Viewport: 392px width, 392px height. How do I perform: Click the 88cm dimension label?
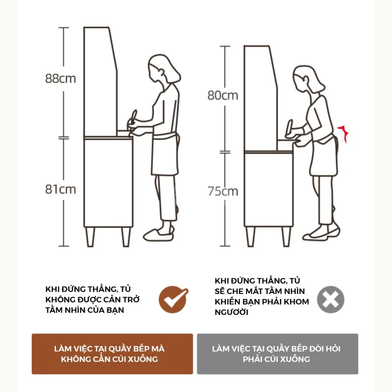61,78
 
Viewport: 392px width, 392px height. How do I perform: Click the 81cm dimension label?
61,189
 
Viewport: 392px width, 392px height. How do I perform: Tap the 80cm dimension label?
222,96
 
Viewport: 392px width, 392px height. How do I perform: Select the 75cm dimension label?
222,191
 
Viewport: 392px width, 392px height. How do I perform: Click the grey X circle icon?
330,299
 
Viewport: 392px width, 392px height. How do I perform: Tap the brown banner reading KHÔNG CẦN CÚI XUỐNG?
112,354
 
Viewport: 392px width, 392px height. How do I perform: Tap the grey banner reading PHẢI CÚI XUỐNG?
277,354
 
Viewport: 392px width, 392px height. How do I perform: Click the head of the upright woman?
162,69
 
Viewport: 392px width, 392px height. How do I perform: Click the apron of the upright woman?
164,154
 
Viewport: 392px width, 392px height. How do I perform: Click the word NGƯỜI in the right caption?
232,312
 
